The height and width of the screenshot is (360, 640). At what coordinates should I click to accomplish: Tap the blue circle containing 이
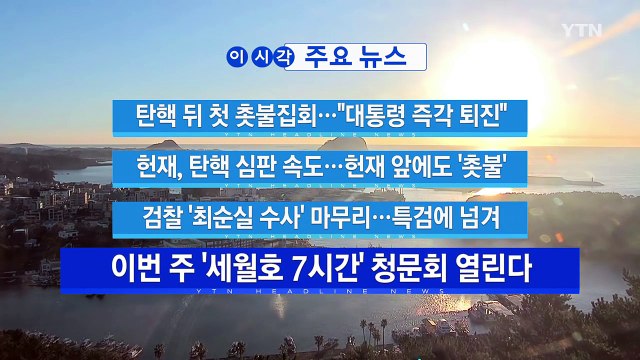click(x=237, y=58)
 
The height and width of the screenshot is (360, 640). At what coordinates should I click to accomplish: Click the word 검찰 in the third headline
click(x=166, y=216)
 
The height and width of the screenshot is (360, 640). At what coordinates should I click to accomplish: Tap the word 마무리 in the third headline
click(x=343, y=216)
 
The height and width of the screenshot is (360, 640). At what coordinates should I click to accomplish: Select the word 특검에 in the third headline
click(x=426, y=216)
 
